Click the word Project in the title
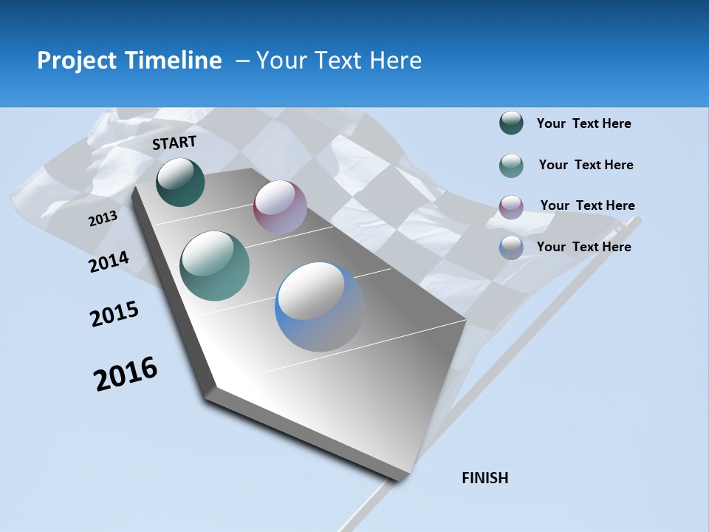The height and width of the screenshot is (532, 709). pos(78,61)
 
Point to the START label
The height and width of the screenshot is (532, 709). pos(174,143)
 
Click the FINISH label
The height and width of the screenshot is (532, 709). pos(485,478)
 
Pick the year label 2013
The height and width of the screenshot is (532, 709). pos(103,219)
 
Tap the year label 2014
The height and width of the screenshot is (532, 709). pos(109,262)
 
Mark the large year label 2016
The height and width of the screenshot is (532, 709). pos(126,374)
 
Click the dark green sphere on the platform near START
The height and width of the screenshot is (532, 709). pos(180,182)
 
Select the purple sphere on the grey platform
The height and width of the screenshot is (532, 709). pos(280,207)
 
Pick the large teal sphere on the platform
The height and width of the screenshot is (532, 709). pos(215,266)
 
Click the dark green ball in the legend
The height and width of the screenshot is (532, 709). pos(511,123)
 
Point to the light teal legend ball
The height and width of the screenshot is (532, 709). pos(511,166)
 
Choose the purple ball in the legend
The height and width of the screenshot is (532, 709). pos(511,206)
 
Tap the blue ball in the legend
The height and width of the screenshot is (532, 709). pos(511,248)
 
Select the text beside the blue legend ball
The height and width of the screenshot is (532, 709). pos(583,247)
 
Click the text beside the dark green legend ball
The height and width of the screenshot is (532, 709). pos(583,123)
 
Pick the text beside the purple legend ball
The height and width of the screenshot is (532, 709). pos(587,205)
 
